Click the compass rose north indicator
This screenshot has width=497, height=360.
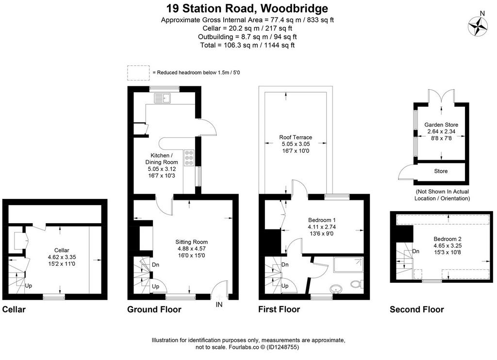coord(478,26)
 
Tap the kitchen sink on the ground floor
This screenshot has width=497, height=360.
coord(162,98)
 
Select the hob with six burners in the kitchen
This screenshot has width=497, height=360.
coord(189,158)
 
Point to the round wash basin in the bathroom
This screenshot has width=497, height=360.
coord(336,289)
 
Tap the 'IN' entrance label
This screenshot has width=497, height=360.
coord(219,305)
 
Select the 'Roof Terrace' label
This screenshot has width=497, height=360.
coord(296,137)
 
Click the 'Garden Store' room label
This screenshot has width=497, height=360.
coord(441,125)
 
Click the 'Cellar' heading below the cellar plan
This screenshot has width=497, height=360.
coord(14,310)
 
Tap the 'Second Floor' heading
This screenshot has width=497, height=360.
coord(417,310)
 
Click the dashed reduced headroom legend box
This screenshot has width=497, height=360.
coord(138,73)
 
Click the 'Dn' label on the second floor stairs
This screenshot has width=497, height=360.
coord(416,251)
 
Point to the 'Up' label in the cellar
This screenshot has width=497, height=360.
coord(29,286)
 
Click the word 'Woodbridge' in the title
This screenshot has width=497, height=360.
coord(294,8)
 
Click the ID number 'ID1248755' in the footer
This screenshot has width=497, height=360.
coord(282,347)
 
